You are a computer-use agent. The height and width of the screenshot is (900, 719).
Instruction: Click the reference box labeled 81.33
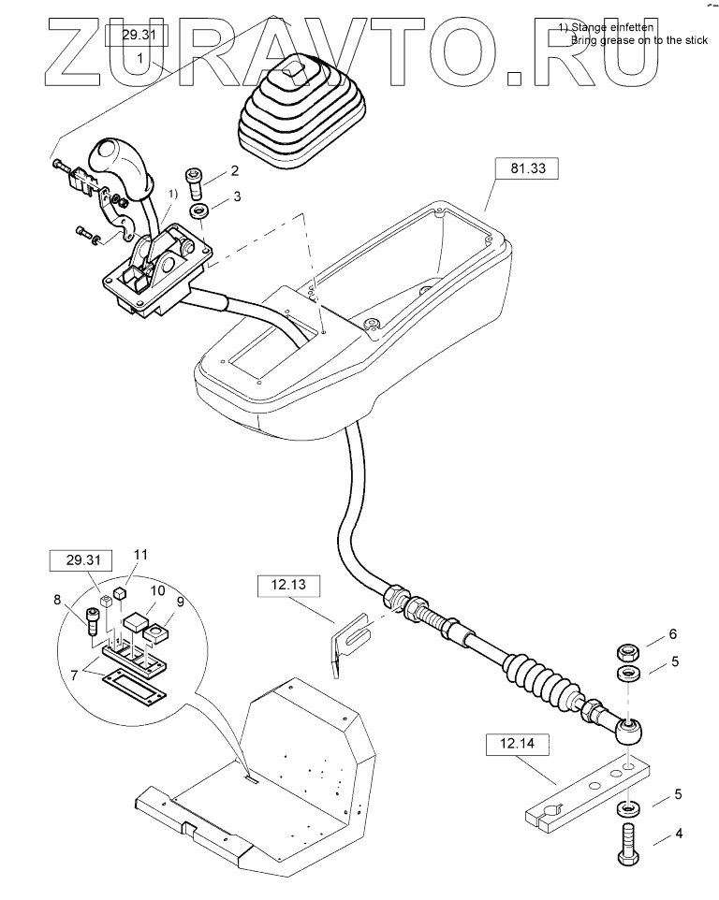tap(523, 169)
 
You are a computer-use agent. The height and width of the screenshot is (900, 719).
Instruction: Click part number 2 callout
tap(234, 170)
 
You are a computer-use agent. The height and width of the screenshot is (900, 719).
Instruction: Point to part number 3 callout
tap(236, 196)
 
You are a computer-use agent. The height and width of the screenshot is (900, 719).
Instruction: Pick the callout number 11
tap(139, 555)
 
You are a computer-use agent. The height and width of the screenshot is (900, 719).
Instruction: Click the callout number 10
tap(158, 590)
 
